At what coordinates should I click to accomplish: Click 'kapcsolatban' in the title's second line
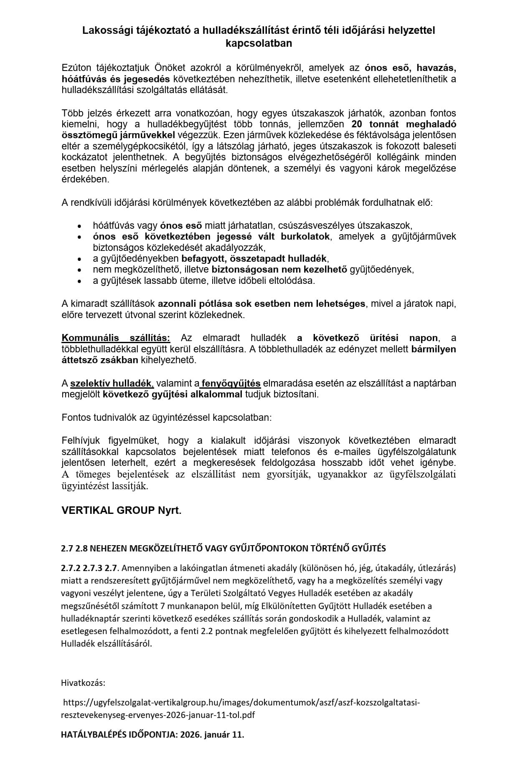pyautogui.click(x=259, y=43)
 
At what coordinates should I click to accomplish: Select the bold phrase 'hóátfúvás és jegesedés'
pyautogui.click(x=115, y=79)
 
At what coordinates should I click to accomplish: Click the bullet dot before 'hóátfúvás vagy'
pyautogui.click(x=79, y=226)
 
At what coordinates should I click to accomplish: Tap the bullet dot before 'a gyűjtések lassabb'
pyautogui.click(x=79, y=281)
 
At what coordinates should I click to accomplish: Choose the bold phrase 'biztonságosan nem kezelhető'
pyautogui.click(x=279, y=270)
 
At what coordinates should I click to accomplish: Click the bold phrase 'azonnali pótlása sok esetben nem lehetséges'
pyautogui.click(x=262, y=304)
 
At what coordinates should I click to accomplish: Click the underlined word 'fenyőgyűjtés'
pyautogui.click(x=231, y=383)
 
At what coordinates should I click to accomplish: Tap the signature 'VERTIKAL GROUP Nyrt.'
pyautogui.click(x=122, y=511)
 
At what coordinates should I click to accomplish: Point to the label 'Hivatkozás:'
pyautogui.click(x=83, y=683)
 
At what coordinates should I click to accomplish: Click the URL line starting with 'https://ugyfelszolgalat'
pyautogui.click(x=241, y=703)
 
